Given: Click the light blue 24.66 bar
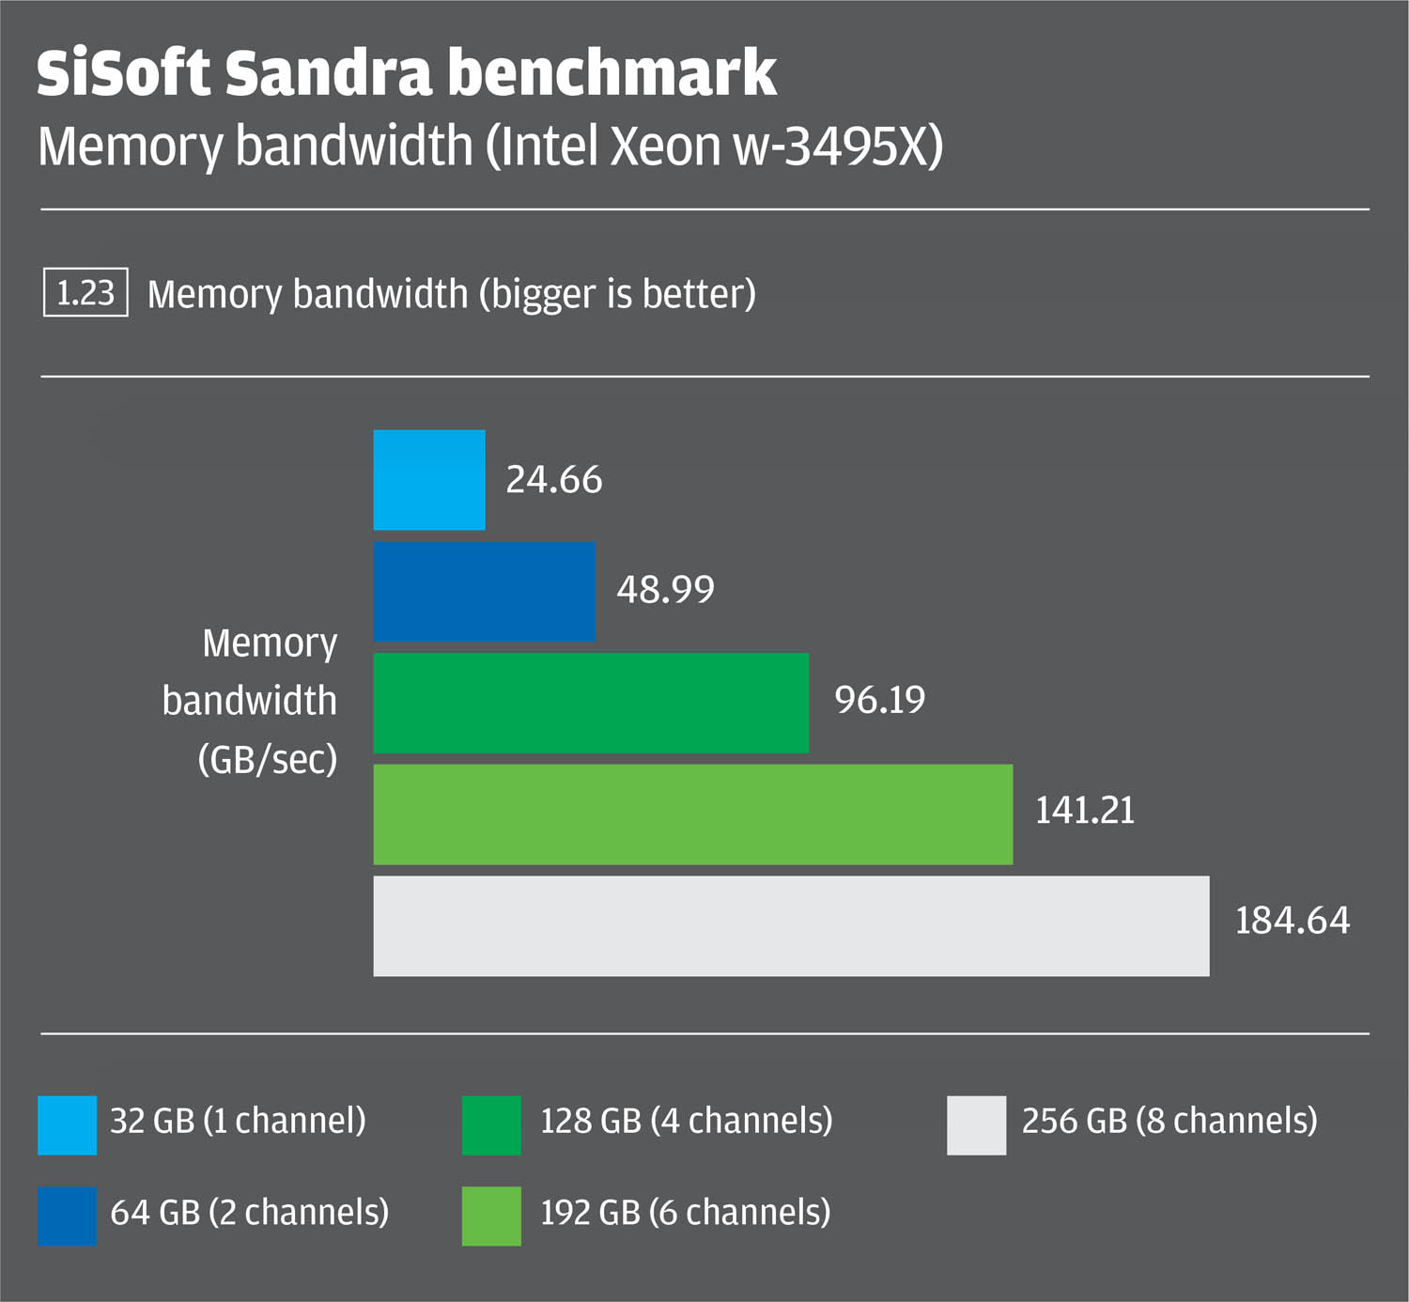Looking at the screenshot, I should coord(429,480).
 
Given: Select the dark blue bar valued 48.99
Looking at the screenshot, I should coord(484,591).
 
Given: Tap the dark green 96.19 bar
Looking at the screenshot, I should coord(591,703).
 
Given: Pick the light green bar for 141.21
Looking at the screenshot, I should coord(692,814).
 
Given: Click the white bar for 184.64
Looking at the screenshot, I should coord(791,926).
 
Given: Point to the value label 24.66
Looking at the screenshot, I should coord(553,480).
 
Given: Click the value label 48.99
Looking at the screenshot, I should coord(665,590).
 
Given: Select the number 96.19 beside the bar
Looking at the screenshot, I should coord(879,700).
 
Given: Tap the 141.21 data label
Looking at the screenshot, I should coord(1084,811).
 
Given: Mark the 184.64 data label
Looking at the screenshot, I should coord(1292,921).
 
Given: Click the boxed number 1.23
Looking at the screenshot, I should coord(85,293).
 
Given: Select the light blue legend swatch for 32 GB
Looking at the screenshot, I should coord(67,1124).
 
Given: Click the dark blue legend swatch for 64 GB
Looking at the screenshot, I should coord(67,1216).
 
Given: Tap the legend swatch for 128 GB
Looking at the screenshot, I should coord(491,1124).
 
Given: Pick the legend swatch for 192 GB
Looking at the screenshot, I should coord(491,1216).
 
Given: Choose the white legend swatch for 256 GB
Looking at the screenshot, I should coord(976,1124).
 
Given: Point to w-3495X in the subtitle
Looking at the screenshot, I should coord(838,147).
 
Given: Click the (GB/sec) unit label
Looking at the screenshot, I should coord(268,759).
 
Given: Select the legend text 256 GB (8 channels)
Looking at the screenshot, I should coord(1169,1121).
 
